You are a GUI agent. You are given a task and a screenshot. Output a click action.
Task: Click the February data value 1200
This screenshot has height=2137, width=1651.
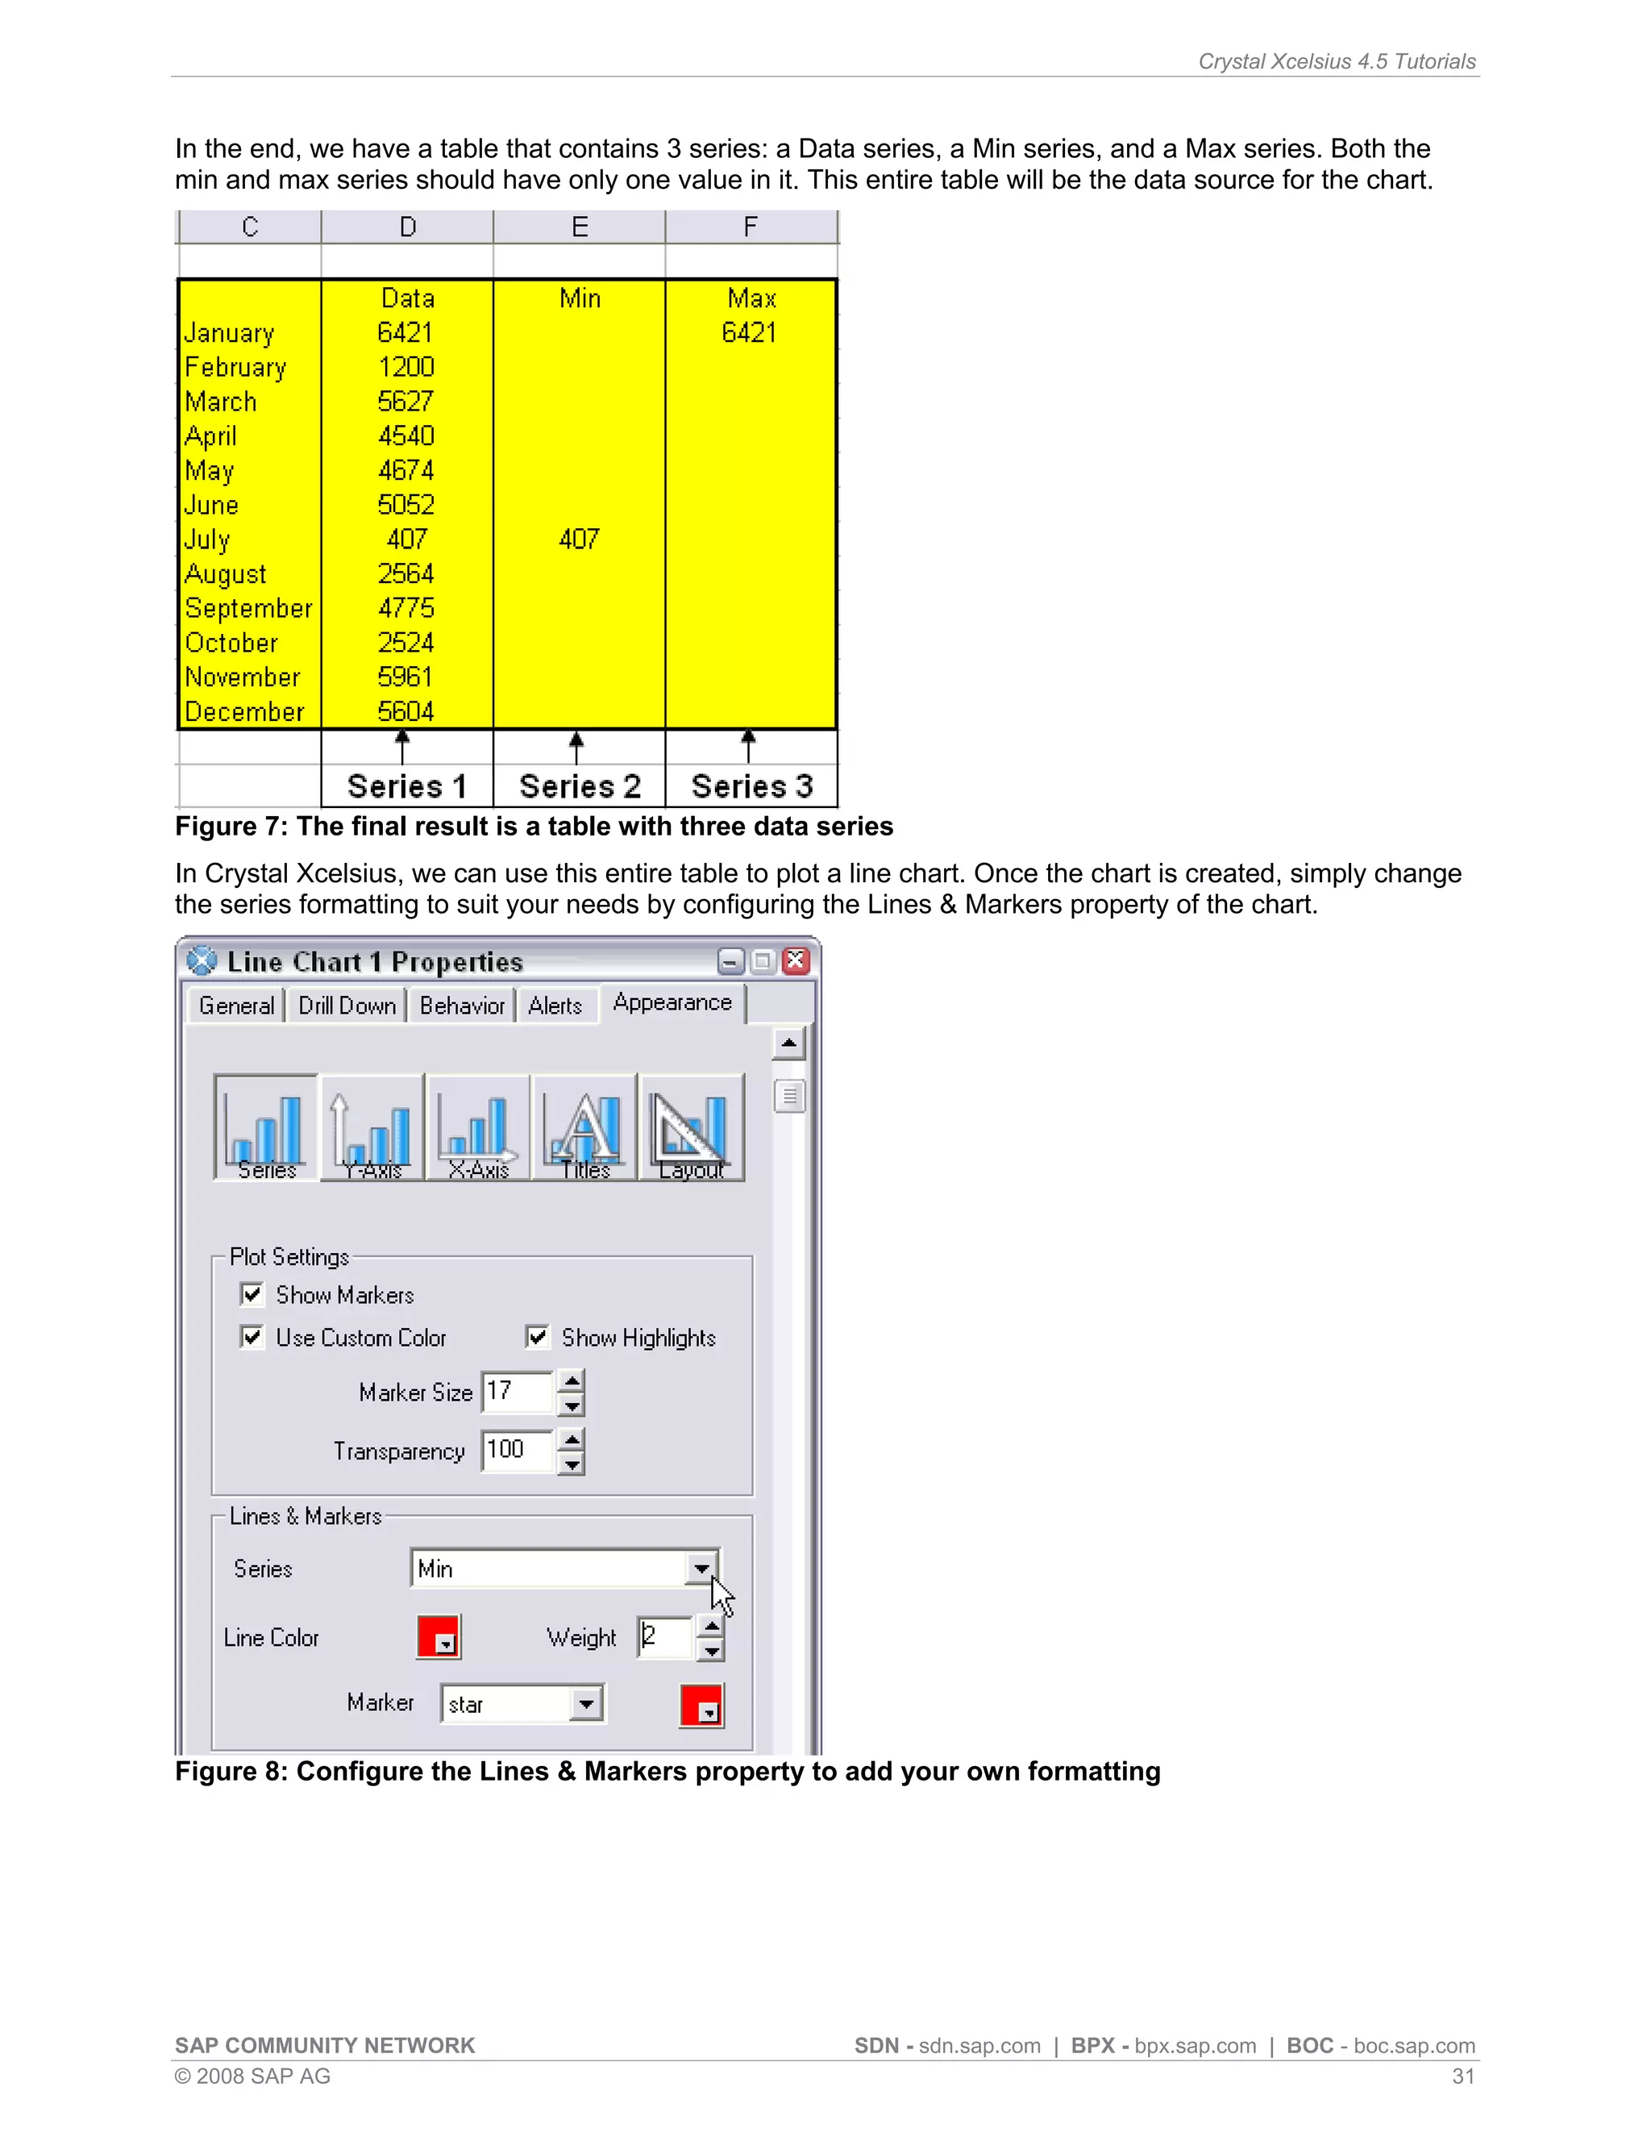coord(406,367)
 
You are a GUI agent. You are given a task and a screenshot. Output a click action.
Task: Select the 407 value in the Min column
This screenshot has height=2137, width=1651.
coord(579,539)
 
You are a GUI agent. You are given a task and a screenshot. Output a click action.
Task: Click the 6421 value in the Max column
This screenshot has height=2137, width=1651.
coord(749,333)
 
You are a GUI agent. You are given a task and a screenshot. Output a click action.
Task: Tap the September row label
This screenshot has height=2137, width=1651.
coord(248,609)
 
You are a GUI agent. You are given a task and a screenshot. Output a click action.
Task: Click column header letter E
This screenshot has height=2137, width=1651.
coord(579,227)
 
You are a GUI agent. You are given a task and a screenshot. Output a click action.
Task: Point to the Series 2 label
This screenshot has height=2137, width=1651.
coord(579,787)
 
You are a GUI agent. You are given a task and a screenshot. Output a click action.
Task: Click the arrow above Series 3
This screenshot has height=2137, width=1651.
coord(749,746)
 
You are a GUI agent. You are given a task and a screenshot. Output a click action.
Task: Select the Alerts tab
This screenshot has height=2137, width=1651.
coord(555,1006)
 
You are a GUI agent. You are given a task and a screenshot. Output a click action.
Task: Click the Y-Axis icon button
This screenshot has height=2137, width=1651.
coord(372,1127)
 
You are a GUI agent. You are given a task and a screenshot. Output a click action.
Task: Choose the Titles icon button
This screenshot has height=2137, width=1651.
coord(585,1127)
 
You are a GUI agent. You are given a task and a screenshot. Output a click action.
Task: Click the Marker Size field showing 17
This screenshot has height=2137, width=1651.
coord(517,1391)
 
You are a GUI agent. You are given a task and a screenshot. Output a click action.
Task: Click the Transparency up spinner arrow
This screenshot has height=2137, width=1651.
coord(572,1439)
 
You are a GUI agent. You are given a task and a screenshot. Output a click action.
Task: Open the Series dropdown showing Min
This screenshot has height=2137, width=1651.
coord(701,1568)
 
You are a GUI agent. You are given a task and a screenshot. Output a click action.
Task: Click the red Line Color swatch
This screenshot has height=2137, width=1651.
coord(439,1637)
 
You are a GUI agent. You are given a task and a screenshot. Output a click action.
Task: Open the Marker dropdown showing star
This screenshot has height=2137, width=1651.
coord(586,1703)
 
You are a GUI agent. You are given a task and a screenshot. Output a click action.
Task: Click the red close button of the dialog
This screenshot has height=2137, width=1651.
coord(796,961)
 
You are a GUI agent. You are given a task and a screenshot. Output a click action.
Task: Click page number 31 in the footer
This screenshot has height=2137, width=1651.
coord(1462,2077)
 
